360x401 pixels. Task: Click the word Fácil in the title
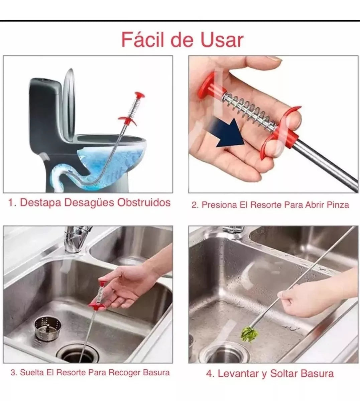click(143, 40)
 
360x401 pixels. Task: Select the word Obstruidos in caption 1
click(144, 202)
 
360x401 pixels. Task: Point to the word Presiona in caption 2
click(219, 205)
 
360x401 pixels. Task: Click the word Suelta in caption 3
click(32, 373)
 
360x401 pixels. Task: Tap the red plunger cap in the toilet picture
click(140, 95)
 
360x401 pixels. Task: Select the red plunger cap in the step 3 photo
click(103, 283)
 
